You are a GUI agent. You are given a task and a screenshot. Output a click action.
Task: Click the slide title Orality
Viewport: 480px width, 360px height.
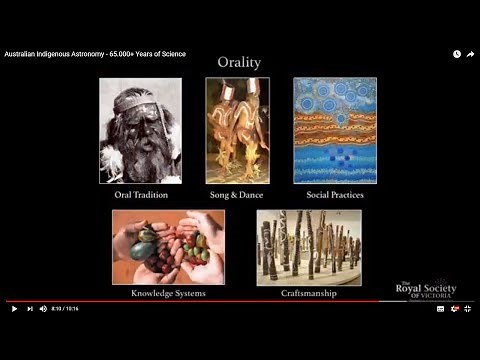(x=239, y=63)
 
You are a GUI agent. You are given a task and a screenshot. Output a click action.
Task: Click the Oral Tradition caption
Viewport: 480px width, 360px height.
(x=140, y=195)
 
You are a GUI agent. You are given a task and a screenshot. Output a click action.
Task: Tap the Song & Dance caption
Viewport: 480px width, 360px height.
(x=237, y=195)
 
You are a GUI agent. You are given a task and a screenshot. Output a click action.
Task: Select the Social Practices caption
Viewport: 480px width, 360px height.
(x=334, y=195)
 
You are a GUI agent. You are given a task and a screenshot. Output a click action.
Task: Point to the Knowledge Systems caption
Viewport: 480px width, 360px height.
(x=168, y=294)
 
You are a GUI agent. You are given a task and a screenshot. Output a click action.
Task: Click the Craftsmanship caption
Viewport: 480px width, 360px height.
(x=309, y=294)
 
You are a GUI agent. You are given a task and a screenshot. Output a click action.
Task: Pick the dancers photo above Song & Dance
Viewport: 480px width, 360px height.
(x=237, y=130)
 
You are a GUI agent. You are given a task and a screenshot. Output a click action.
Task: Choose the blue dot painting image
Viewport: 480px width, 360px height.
(x=334, y=130)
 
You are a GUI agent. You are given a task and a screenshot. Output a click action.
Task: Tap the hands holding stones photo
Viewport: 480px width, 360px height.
(x=168, y=247)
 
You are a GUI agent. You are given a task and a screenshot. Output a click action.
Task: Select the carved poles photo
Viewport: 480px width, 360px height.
(x=309, y=247)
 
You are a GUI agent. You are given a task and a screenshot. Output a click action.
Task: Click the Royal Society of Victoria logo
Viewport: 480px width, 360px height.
(x=425, y=290)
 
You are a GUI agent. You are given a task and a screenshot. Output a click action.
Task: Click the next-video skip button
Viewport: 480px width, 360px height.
(x=29, y=309)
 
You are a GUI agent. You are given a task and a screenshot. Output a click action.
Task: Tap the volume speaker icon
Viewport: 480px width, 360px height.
(x=43, y=309)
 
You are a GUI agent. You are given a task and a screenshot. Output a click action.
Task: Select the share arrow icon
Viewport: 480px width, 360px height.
(x=470, y=54)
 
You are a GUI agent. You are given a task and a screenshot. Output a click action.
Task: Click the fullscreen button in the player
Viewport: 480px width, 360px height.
(x=467, y=309)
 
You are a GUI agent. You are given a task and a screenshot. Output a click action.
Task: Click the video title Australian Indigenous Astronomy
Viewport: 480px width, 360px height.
(x=95, y=54)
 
